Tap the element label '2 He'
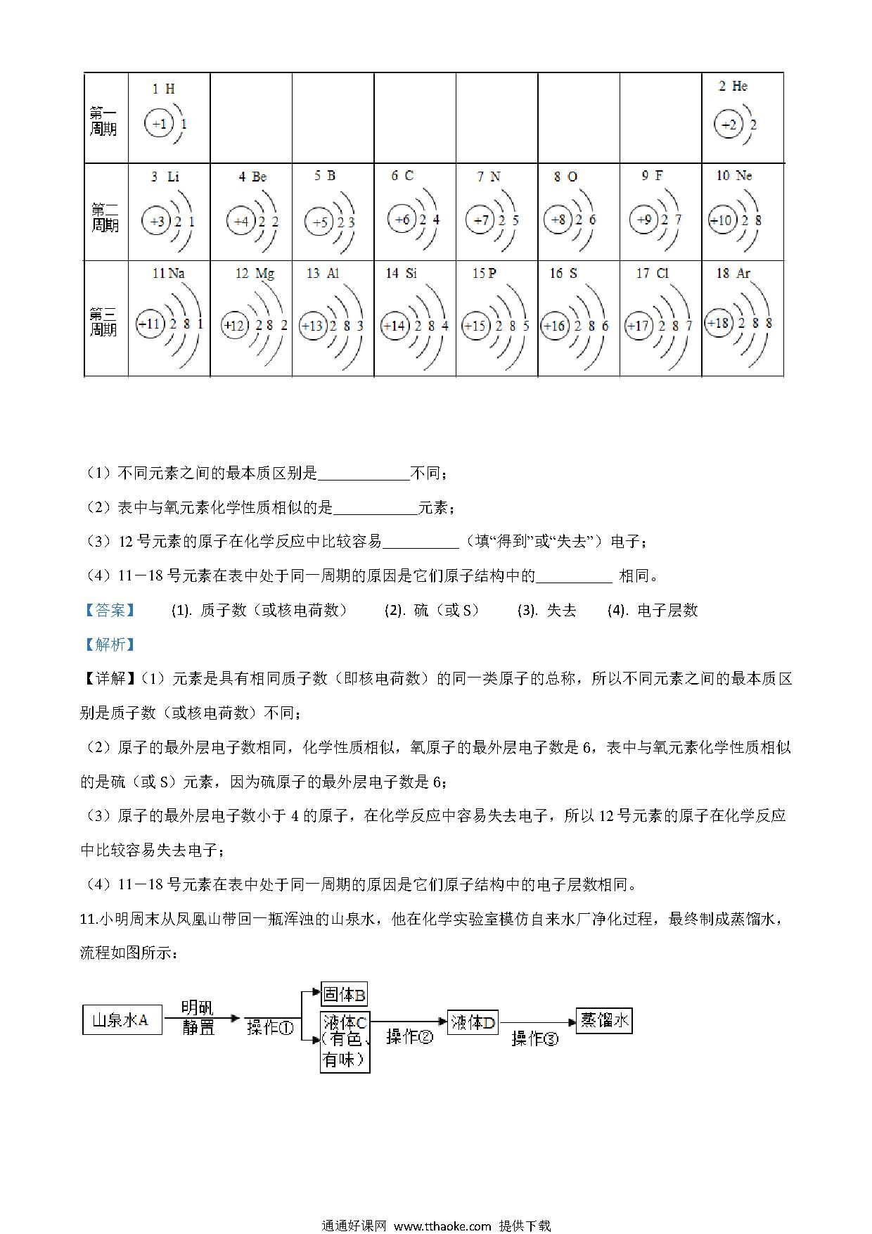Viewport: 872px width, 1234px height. tap(733, 87)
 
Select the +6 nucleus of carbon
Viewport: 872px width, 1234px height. tap(402, 220)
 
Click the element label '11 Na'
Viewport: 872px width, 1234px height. tap(168, 273)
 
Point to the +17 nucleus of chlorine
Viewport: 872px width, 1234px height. tap(638, 326)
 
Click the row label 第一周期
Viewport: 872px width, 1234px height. tap(103, 121)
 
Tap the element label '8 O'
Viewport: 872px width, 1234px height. tap(565, 177)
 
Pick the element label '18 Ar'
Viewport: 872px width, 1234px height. tap(733, 273)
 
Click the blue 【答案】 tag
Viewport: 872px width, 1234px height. tap(109, 610)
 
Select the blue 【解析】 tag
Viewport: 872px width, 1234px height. tap(109, 644)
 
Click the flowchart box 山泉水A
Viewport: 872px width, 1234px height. tap(122, 1020)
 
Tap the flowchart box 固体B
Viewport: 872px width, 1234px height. tap(344, 995)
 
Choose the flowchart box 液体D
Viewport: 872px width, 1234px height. tap(473, 1022)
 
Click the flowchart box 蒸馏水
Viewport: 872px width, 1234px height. tap(604, 1020)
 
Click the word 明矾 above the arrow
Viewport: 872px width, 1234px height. tap(198, 1007)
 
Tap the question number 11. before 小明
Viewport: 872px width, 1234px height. tap(89, 919)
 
